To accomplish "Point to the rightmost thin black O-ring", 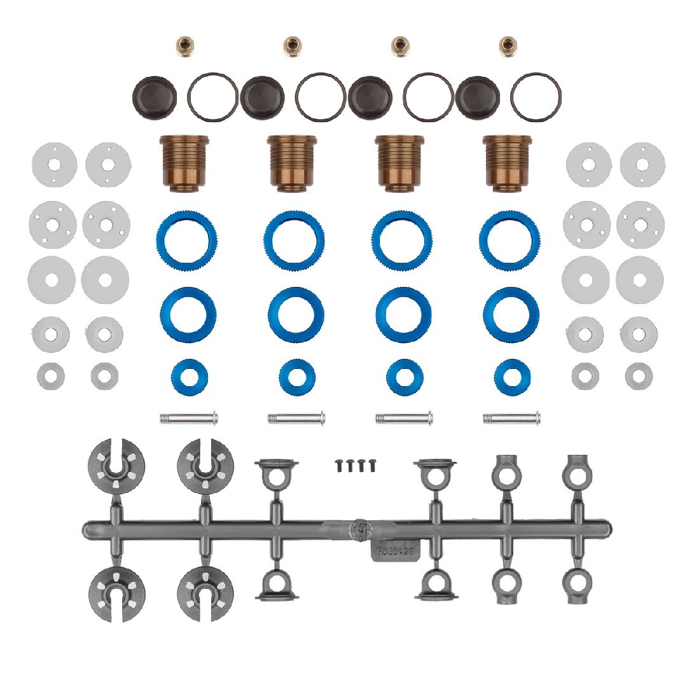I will (536, 97).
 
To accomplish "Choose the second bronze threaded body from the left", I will (291, 162).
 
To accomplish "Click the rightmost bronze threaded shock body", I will (507, 162).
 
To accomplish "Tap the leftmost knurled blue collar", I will (186, 241).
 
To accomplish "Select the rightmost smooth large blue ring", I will (510, 314).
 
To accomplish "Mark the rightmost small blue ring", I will (511, 376).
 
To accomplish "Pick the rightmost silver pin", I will (511, 418).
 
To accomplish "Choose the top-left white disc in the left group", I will (54, 164).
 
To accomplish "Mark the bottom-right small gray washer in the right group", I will (639, 376).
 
